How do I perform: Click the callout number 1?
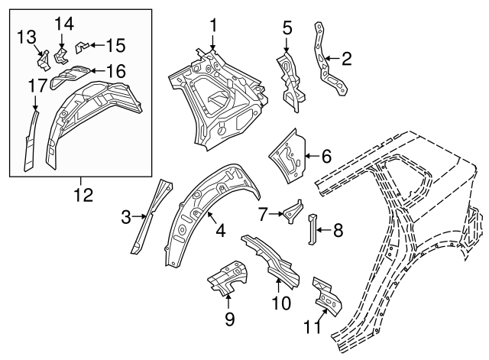(213, 25)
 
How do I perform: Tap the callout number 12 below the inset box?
(83, 195)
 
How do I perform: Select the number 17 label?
(38, 86)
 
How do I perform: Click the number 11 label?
(313, 326)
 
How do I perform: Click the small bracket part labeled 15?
(82, 47)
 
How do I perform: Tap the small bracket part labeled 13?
(44, 61)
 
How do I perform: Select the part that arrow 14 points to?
(61, 56)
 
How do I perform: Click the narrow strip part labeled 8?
(313, 229)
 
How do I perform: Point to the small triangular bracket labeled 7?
(293, 212)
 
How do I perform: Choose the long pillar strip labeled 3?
(151, 217)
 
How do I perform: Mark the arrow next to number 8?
(324, 230)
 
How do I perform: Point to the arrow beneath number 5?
(287, 44)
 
